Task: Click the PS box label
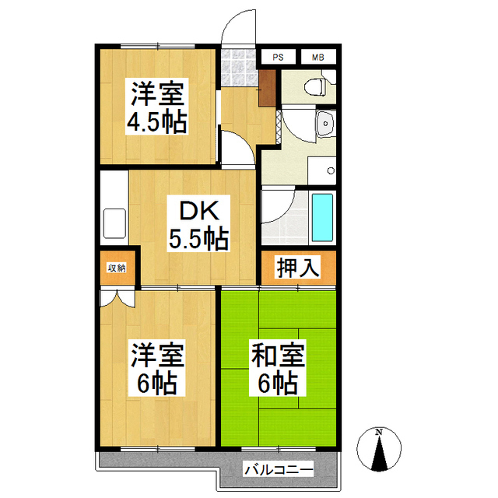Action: pyautogui.click(x=278, y=57)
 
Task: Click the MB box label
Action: pyautogui.click(x=317, y=57)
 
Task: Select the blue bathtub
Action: pyautogui.click(x=321, y=217)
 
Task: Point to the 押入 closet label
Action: pyautogui.click(x=297, y=268)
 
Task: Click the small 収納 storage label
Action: pyautogui.click(x=117, y=268)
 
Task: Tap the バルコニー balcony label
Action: pyautogui.click(x=278, y=470)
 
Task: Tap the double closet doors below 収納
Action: pyautogui.click(x=117, y=297)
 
